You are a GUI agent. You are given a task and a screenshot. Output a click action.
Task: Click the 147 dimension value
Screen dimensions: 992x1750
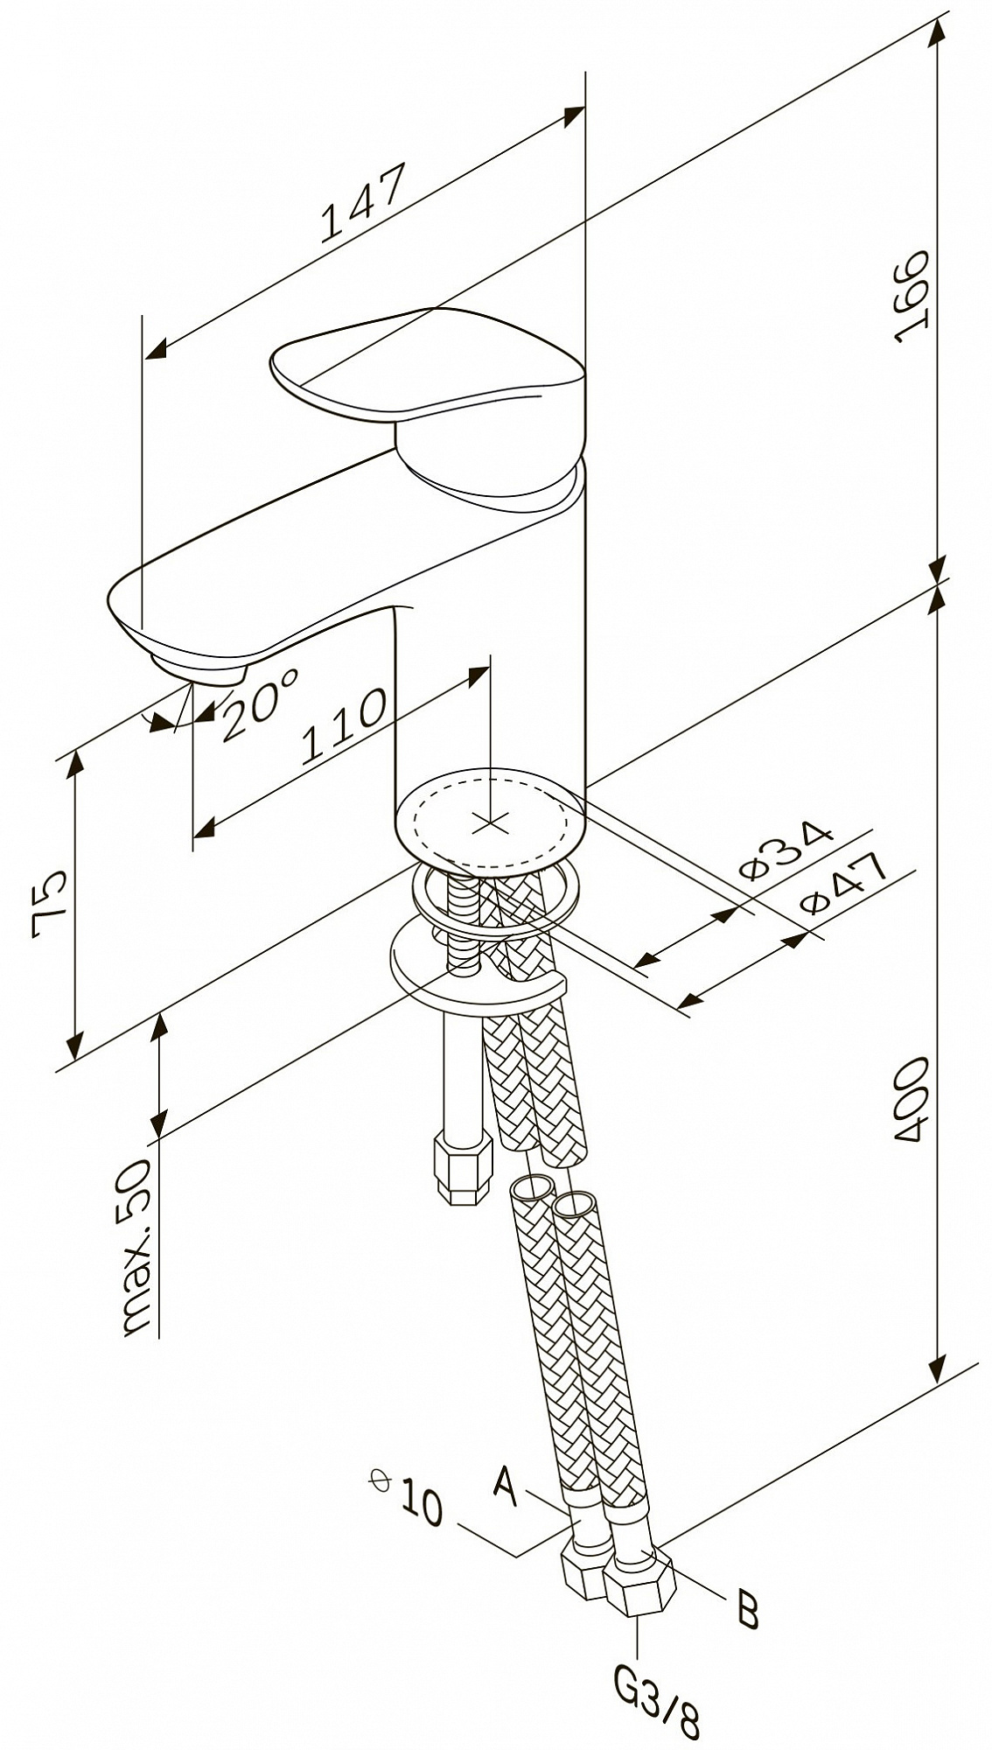363,201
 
